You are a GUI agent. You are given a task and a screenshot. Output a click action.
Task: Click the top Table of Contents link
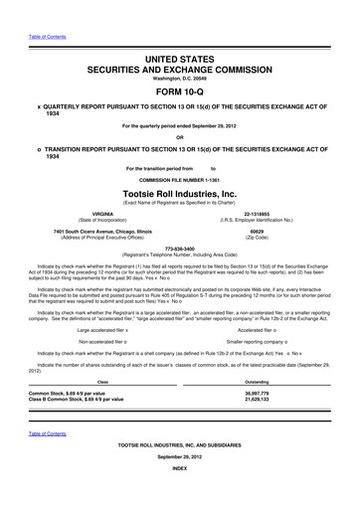pos(47,39)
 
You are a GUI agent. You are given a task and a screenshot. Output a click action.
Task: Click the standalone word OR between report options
pos(180,137)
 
